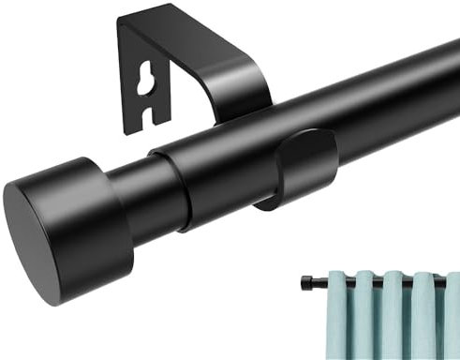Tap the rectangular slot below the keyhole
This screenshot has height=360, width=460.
click(x=145, y=115)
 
